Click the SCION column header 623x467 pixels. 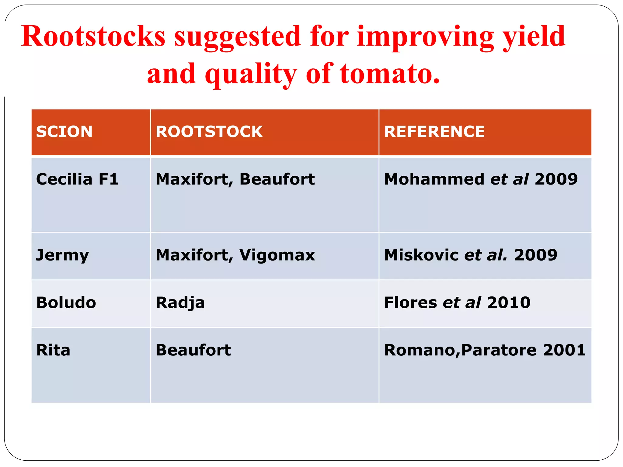64,132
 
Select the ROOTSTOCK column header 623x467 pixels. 209,132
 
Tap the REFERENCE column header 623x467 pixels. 434,132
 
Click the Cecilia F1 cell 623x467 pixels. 77,179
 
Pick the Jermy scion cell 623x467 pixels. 62,255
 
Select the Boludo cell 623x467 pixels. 66,303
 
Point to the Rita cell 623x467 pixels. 53,350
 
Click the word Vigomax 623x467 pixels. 277,255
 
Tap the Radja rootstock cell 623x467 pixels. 180,303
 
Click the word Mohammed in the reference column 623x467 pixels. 434,179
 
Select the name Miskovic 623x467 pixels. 421,255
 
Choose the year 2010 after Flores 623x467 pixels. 509,303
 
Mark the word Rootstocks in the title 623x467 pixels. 93,36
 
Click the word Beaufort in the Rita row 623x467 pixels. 193,350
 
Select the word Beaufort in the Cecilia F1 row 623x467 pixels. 277,179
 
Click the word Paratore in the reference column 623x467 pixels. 499,350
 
